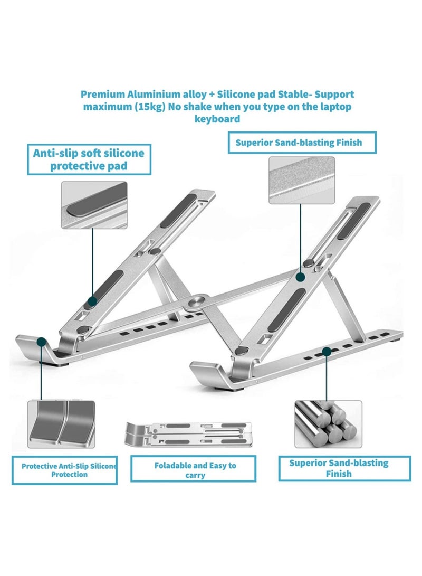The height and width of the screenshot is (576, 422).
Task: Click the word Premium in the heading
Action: click(x=102, y=95)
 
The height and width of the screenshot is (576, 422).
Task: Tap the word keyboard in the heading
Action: click(x=217, y=119)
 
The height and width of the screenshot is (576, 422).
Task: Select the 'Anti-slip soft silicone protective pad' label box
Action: click(x=88, y=159)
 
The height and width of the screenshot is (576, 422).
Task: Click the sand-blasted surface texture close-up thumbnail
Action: click(x=301, y=180)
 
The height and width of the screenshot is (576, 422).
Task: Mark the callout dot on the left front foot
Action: click(x=41, y=343)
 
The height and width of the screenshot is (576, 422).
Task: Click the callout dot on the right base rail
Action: click(x=327, y=351)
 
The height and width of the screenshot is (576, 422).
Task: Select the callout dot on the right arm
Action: click(x=301, y=277)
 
